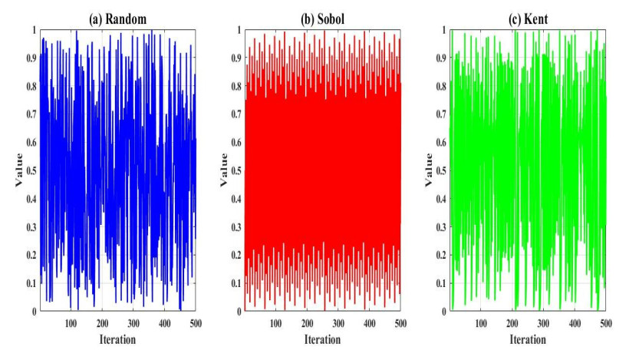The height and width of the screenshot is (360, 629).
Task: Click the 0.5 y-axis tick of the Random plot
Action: click(x=29, y=170)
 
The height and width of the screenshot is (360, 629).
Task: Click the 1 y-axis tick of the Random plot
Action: click(x=33, y=29)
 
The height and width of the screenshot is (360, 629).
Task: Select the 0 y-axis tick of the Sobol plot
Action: click(x=236, y=312)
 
